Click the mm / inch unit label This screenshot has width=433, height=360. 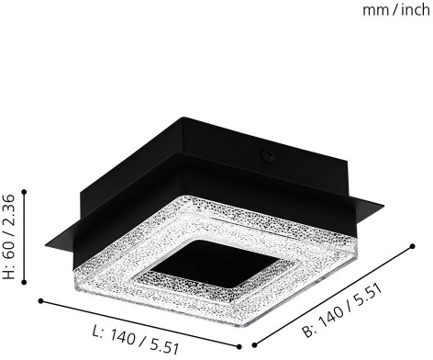coord(396,10)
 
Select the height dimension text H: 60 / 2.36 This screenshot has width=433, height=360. coord(8,237)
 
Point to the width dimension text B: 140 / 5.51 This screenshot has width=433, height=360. coord(342,311)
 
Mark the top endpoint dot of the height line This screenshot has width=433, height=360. coord(25,192)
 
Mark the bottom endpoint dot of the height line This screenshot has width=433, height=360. coord(25,282)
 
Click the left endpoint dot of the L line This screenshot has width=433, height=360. coord(40,301)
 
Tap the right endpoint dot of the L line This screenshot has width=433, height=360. coord(239,347)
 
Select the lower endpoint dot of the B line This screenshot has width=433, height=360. coord(255,345)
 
